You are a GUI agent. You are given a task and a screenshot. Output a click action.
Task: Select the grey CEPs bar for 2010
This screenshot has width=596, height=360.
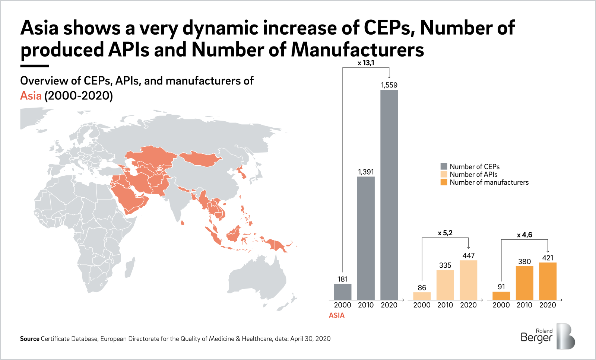(x=366, y=238)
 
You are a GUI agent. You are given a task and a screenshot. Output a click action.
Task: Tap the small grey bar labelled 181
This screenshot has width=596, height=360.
(x=342, y=292)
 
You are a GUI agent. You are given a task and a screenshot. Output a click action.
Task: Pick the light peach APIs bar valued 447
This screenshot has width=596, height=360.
(x=468, y=280)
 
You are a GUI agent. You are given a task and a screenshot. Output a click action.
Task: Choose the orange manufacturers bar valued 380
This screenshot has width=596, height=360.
(x=524, y=283)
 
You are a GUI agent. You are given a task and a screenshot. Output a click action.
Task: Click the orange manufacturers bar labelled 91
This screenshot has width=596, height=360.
(x=501, y=296)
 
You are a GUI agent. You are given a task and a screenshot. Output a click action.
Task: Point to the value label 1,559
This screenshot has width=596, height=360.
(x=389, y=85)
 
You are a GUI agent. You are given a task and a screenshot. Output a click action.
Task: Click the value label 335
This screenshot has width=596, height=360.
(x=445, y=265)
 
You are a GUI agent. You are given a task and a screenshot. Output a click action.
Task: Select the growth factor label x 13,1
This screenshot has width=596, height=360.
(x=366, y=63)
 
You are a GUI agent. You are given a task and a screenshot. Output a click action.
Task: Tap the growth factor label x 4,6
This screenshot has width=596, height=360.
(x=524, y=235)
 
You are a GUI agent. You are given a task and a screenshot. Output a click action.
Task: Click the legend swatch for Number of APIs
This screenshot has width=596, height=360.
(x=444, y=174)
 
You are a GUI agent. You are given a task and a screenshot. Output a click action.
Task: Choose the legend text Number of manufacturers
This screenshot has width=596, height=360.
(x=489, y=182)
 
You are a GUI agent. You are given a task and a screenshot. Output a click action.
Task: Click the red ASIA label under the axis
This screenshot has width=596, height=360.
(x=337, y=315)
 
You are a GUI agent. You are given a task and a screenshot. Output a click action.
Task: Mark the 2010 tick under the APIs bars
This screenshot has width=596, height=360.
(x=445, y=305)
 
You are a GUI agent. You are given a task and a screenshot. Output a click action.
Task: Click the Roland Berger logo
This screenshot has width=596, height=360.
(x=548, y=336)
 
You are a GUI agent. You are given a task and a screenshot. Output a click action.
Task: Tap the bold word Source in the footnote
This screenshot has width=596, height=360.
(x=29, y=339)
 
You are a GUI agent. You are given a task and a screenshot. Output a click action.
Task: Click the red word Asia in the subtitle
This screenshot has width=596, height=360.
(x=31, y=96)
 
